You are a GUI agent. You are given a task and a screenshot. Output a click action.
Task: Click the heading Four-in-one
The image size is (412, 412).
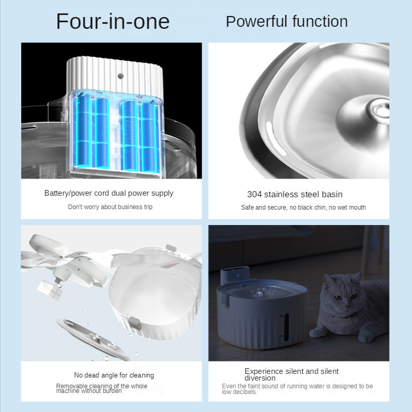113,22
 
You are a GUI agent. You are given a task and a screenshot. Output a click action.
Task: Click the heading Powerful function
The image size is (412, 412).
287,21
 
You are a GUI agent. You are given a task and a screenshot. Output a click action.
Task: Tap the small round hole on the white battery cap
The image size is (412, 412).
121,76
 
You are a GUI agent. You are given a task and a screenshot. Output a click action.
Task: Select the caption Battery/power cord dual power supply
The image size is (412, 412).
109,193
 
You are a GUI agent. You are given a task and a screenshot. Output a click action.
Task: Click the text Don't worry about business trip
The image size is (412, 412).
110,207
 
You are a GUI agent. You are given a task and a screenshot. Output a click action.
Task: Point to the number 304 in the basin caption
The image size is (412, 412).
254,194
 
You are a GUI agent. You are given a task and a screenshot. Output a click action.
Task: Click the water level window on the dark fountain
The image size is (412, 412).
286,327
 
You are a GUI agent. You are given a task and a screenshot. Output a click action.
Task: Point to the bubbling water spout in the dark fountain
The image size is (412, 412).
260,292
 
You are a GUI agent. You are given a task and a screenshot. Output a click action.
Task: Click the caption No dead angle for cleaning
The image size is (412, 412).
114,375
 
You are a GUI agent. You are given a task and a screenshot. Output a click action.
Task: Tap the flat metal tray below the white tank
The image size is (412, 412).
93,339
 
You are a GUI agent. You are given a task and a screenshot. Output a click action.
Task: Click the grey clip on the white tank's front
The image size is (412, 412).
135,323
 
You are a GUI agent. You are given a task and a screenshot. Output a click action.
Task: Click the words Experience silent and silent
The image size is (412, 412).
291,371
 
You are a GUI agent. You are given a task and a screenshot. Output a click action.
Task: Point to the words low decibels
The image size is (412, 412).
239,392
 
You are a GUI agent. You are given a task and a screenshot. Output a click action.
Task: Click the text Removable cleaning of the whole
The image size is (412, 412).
101,386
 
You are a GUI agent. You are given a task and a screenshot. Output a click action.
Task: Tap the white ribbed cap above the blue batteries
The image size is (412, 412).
115,74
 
